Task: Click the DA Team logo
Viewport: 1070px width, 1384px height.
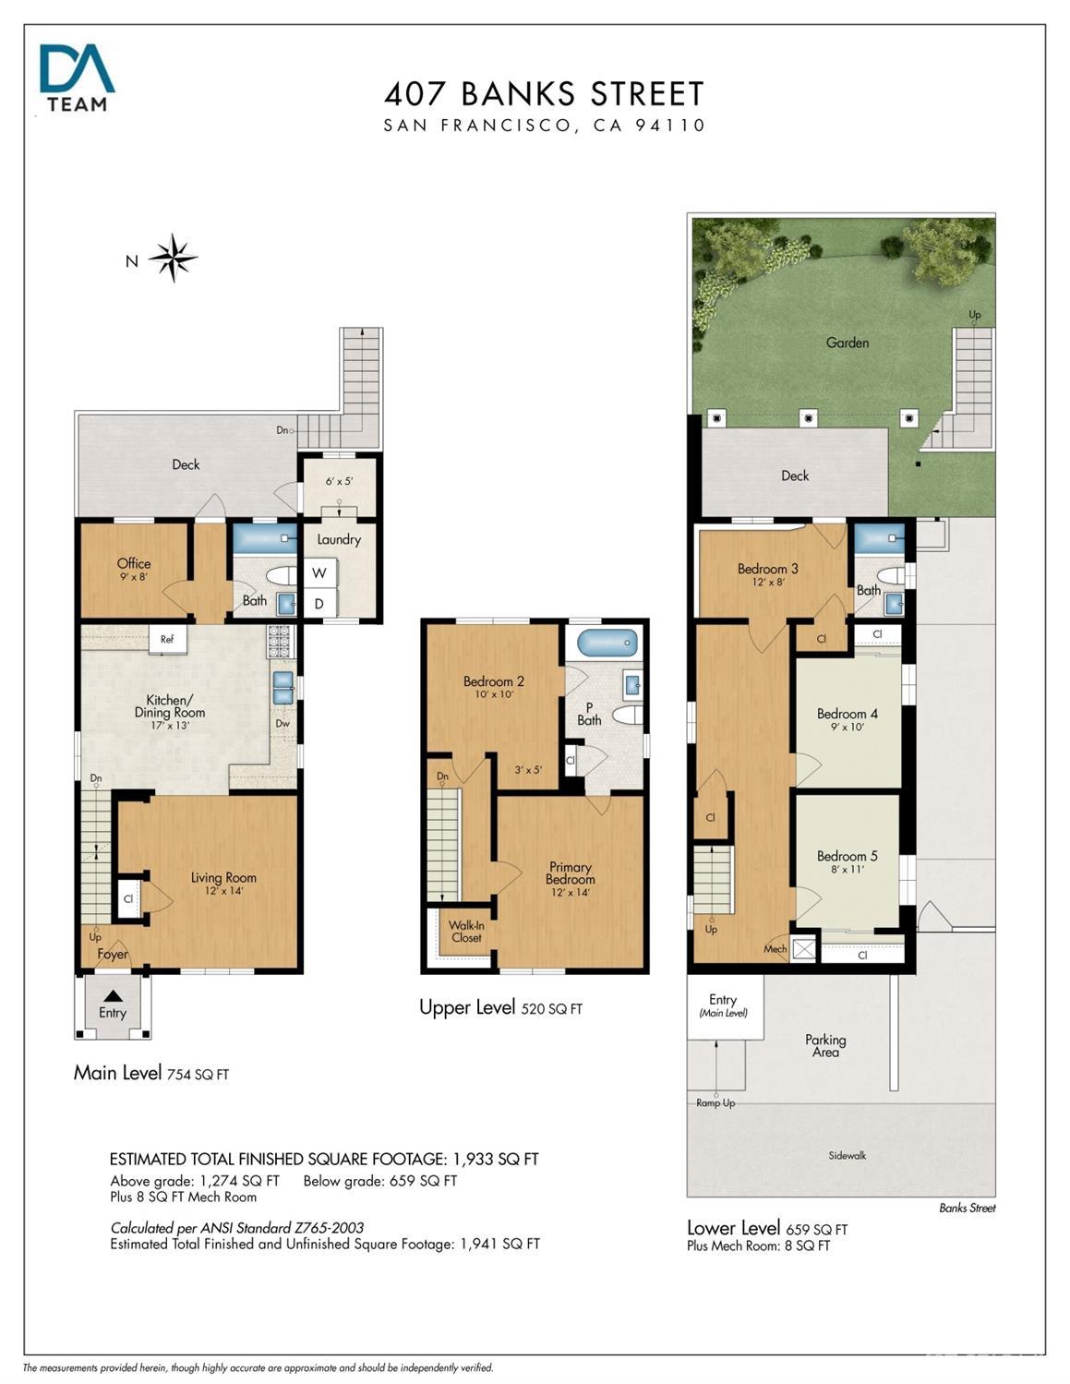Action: (77, 78)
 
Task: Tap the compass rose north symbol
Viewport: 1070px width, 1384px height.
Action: (172, 258)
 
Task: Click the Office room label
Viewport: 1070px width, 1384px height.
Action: (134, 563)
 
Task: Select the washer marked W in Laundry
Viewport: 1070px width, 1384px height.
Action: (319, 572)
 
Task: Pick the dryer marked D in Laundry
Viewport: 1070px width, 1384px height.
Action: (319, 603)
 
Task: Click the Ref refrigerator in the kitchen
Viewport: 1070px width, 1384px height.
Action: (167, 640)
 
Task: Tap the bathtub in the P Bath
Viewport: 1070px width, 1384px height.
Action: (607, 642)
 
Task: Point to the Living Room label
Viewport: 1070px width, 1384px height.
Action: (223, 878)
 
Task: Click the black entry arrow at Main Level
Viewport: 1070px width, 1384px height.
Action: (113, 996)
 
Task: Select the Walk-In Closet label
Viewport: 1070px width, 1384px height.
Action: (466, 932)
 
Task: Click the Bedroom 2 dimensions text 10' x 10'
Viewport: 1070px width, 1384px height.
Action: (494, 694)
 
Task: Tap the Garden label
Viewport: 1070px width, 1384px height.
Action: (848, 343)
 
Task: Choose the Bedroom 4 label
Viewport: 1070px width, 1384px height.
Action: (848, 714)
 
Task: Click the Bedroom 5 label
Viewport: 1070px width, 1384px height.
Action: (848, 856)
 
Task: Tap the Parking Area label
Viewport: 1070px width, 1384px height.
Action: (825, 1046)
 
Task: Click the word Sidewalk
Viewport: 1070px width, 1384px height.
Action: (848, 1155)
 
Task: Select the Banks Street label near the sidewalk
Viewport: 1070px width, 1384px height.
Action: (967, 1208)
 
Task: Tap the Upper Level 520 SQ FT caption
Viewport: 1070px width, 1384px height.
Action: (500, 1007)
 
